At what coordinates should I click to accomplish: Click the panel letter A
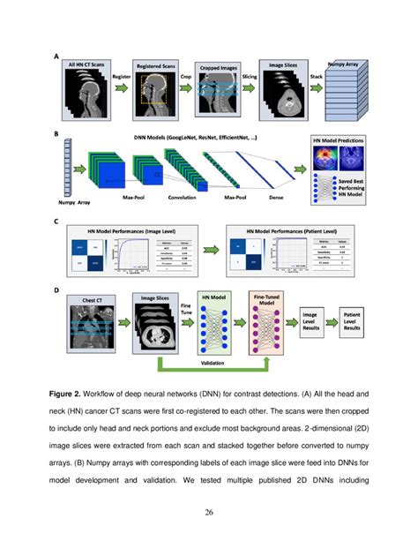pyautogui.click(x=56, y=60)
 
